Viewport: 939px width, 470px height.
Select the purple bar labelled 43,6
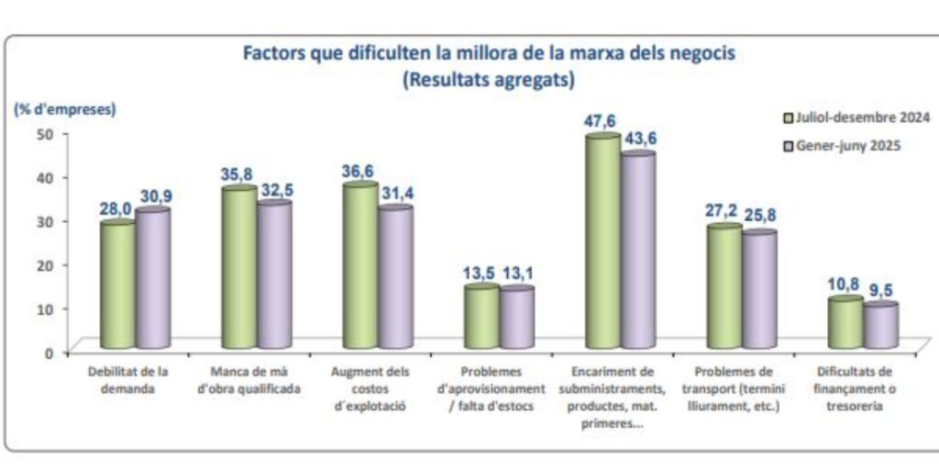pyautogui.click(x=637, y=252)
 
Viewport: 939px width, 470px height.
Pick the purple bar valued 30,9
pyautogui.click(x=152, y=280)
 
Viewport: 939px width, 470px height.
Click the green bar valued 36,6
pyautogui.click(x=360, y=267)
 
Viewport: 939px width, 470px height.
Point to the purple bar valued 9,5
pyautogui.click(x=880, y=327)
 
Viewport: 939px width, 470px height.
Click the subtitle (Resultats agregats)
pyautogui.click(x=488, y=80)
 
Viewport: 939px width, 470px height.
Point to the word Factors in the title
pyautogui.click(x=272, y=53)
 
